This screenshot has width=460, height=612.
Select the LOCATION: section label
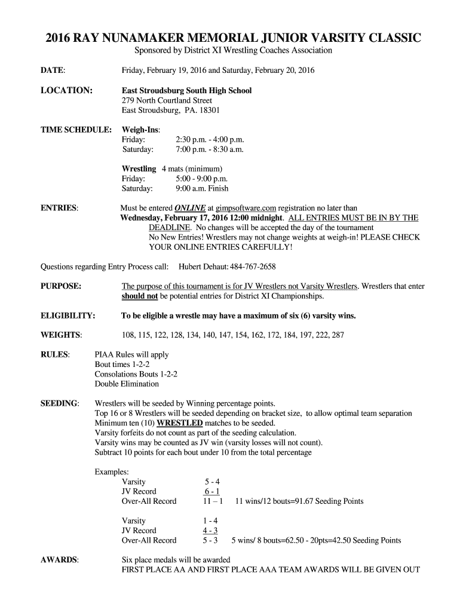point(66,90)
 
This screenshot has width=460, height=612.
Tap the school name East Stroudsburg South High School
point(186,90)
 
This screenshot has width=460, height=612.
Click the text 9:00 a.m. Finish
point(202,188)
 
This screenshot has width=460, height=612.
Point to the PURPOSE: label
point(61,286)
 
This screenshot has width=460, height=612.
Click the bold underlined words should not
point(140,296)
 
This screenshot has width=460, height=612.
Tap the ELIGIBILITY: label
point(68,316)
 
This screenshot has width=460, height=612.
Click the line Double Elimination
point(127,384)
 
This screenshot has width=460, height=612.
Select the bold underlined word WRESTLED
point(179,423)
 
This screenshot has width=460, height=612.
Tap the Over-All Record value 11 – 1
point(213,501)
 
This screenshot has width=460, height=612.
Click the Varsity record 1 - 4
point(210,521)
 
